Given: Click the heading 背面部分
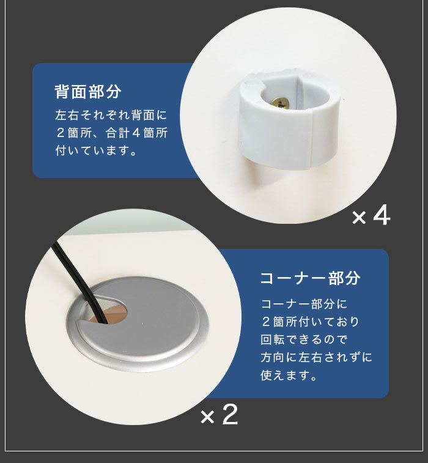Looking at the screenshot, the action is click(x=88, y=91).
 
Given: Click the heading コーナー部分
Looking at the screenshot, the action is click(x=310, y=278).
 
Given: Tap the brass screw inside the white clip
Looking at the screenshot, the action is click(x=280, y=103).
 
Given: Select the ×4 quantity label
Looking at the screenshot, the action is click(x=371, y=215).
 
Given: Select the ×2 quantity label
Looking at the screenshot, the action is click(x=219, y=415).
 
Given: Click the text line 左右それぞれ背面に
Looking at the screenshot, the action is click(x=111, y=115).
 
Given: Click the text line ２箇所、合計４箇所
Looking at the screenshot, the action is click(x=111, y=133).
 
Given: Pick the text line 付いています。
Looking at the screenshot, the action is click(x=96, y=150).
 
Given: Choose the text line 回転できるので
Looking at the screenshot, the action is click(x=304, y=339).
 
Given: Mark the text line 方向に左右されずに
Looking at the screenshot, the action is click(x=316, y=357).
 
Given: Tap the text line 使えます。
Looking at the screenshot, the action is click(x=289, y=375).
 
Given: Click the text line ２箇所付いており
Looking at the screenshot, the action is click(x=310, y=322).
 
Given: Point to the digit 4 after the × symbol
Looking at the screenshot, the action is click(x=382, y=215).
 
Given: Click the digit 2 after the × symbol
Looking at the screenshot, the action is click(x=230, y=415).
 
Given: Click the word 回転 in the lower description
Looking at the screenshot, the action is click(x=273, y=339).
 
